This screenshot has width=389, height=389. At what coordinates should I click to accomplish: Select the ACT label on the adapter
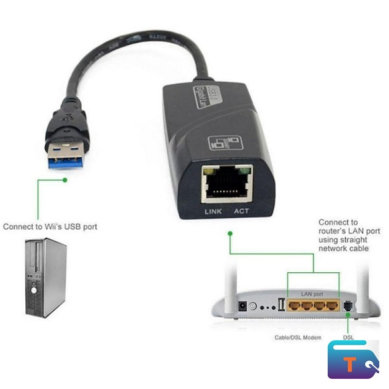[242, 211]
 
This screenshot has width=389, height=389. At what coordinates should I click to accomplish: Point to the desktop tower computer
[45, 277]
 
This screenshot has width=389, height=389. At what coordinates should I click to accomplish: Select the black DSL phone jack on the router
[348, 306]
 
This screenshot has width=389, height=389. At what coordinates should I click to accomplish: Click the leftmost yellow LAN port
[294, 305]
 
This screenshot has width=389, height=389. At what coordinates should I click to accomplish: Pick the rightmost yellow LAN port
[332, 305]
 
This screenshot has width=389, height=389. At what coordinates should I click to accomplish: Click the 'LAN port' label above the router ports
[312, 294]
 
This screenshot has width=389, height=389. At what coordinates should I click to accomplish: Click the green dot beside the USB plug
[65, 180]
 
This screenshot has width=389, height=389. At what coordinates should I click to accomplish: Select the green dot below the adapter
[230, 233]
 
